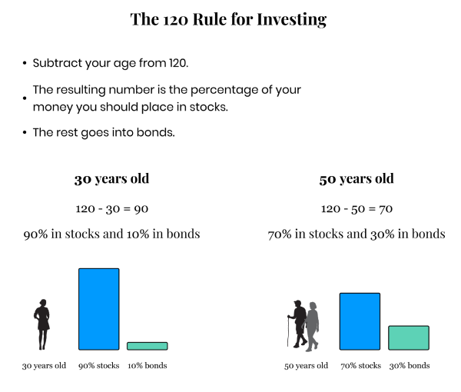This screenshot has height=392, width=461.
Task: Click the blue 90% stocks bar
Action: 99,309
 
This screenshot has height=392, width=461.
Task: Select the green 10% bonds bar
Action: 148,346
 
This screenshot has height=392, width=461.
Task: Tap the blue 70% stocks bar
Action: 360,321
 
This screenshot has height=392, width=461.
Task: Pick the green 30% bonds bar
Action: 409,337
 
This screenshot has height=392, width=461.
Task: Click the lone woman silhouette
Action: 42,324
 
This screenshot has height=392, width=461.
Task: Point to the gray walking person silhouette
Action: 313,327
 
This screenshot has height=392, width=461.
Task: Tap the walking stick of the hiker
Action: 288,332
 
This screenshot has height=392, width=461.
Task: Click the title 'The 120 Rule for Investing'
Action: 228,19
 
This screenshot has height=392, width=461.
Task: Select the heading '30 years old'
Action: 111,179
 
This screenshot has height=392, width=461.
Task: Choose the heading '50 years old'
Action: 357,179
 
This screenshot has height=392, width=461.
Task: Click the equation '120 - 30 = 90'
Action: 111,209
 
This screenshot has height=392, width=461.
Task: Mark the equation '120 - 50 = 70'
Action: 357,209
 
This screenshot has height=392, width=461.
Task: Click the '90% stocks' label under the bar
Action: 99,366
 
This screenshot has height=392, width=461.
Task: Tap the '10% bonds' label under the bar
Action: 148,366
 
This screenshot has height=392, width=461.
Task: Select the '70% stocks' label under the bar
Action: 361,366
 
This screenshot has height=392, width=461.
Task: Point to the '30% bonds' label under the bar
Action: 410,366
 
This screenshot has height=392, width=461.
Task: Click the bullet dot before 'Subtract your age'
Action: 25,63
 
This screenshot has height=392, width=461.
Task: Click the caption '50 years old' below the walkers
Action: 306,366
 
